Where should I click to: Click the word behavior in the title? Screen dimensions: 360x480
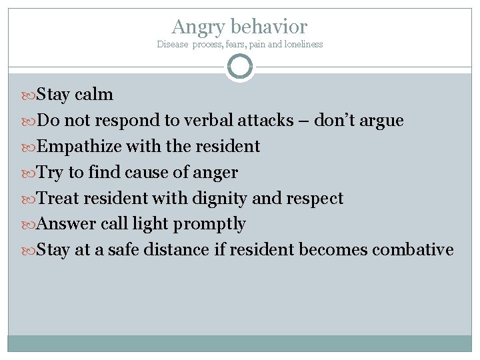click(269, 27)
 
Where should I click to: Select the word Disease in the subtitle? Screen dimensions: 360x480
click(172, 45)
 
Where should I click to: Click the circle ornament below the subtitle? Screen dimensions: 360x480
click(240, 67)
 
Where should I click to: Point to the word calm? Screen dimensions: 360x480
click(94, 95)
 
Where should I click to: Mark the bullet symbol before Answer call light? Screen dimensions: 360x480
click(30, 225)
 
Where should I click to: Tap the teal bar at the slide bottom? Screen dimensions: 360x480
click(240, 343)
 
